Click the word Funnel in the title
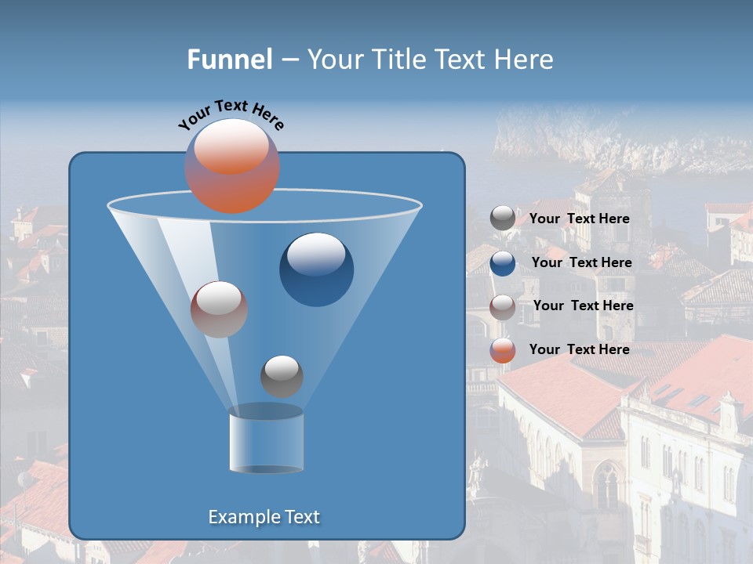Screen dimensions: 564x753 [x=229, y=60]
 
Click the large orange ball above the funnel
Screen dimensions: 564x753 [x=232, y=166]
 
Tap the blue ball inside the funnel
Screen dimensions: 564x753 [x=316, y=269]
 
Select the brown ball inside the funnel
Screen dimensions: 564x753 [x=219, y=309]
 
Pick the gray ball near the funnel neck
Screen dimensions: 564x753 [x=282, y=376]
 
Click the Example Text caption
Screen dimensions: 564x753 [x=264, y=517]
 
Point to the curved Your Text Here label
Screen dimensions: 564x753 [x=231, y=114]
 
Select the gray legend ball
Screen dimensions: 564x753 [x=503, y=219]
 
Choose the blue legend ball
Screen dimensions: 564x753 [x=503, y=263]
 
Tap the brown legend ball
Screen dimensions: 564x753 [x=503, y=306]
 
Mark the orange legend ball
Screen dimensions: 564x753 [x=503, y=350]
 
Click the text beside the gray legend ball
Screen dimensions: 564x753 [x=579, y=219]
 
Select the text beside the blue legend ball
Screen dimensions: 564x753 [x=581, y=263]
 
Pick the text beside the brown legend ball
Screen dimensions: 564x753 [x=583, y=306]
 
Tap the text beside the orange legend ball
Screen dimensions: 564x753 [x=579, y=350]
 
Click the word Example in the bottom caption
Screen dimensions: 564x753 [x=238, y=517]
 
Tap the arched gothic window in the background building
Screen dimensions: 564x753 [x=606, y=486]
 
